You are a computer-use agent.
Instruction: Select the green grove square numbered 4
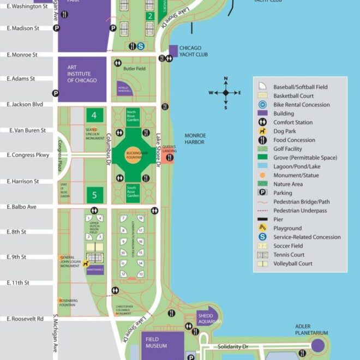pyautogui.click(x=94, y=115)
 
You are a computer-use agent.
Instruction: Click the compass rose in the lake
pyautogui.click(x=225, y=93)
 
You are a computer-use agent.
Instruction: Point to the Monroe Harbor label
pyautogui.click(x=195, y=139)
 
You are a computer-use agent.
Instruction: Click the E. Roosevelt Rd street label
pyautogui.click(x=25, y=319)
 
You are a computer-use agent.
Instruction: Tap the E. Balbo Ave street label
pyautogui.click(x=21, y=207)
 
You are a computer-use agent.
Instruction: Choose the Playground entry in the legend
pyautogui.click(x=295, y=228)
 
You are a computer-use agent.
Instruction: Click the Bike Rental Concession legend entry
pyautogui.click(x=309, y=105)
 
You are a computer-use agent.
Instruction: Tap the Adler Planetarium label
pyautogui.click(x=311, y=330)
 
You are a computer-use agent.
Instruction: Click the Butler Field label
pyautogui.click(x=134, y=69)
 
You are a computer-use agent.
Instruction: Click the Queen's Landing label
pyautogui.click(x=170, y=150)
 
